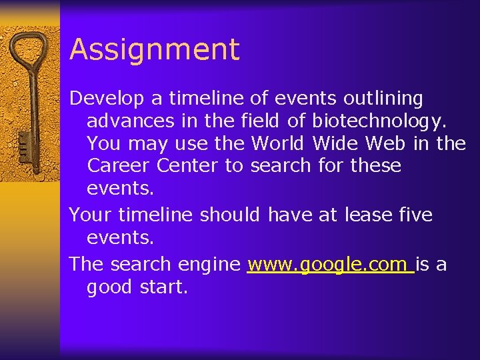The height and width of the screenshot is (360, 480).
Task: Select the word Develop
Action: point(107,99)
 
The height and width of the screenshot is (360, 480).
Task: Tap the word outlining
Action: point(383,99)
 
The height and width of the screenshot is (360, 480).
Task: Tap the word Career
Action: point(119,165)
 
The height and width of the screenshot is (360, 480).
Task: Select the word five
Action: point(417,215)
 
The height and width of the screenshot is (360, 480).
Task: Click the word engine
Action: point(209,265)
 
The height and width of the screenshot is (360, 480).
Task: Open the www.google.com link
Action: point(330,265)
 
